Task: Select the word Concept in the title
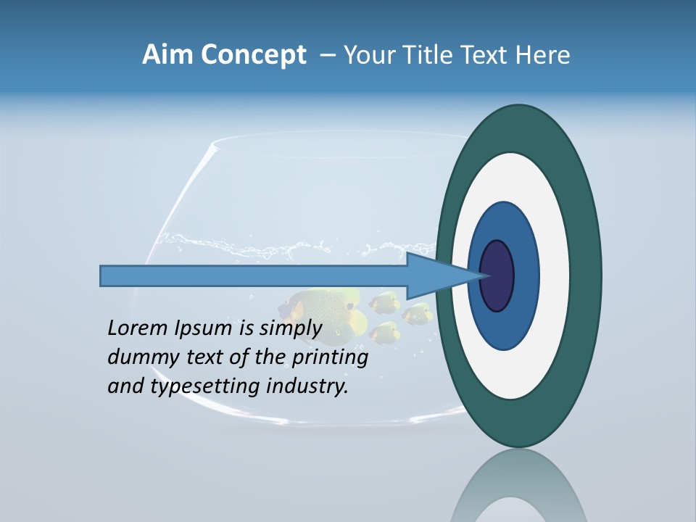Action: pos(253,56)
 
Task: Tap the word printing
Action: pos(330,358)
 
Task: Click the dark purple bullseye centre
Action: pos(497,275)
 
